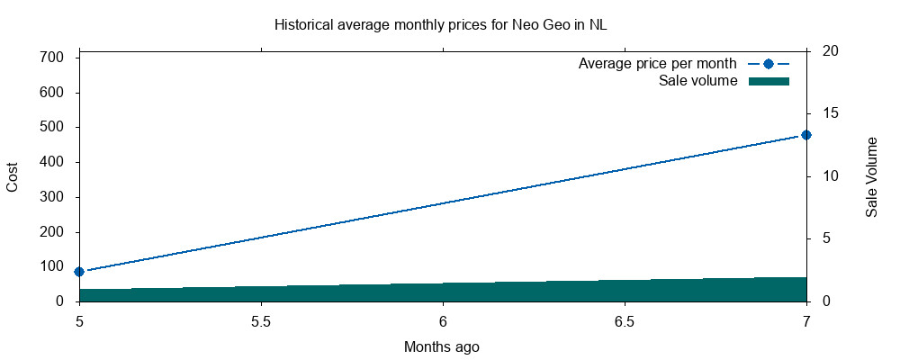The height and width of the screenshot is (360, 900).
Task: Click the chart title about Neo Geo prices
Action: click(x=440, y=24)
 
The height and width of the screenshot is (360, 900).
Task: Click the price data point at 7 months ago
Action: click(x=806, y=135)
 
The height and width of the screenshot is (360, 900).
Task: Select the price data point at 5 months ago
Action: click(x=79, y=271)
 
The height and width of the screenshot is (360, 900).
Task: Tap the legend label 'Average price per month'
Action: click(x=658, y=64)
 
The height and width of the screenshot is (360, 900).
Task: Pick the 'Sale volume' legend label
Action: click(x=697, y=81)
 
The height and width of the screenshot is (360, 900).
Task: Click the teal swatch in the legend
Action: click(x=768, y=81)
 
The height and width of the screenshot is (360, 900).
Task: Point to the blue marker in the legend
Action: click(x=768, y=64)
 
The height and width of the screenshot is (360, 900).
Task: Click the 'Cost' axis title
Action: click(x=13, y=175)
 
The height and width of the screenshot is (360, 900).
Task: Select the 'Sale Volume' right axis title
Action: click(x=871, y=176)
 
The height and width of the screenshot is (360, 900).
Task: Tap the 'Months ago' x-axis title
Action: click(x=441, y=346)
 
